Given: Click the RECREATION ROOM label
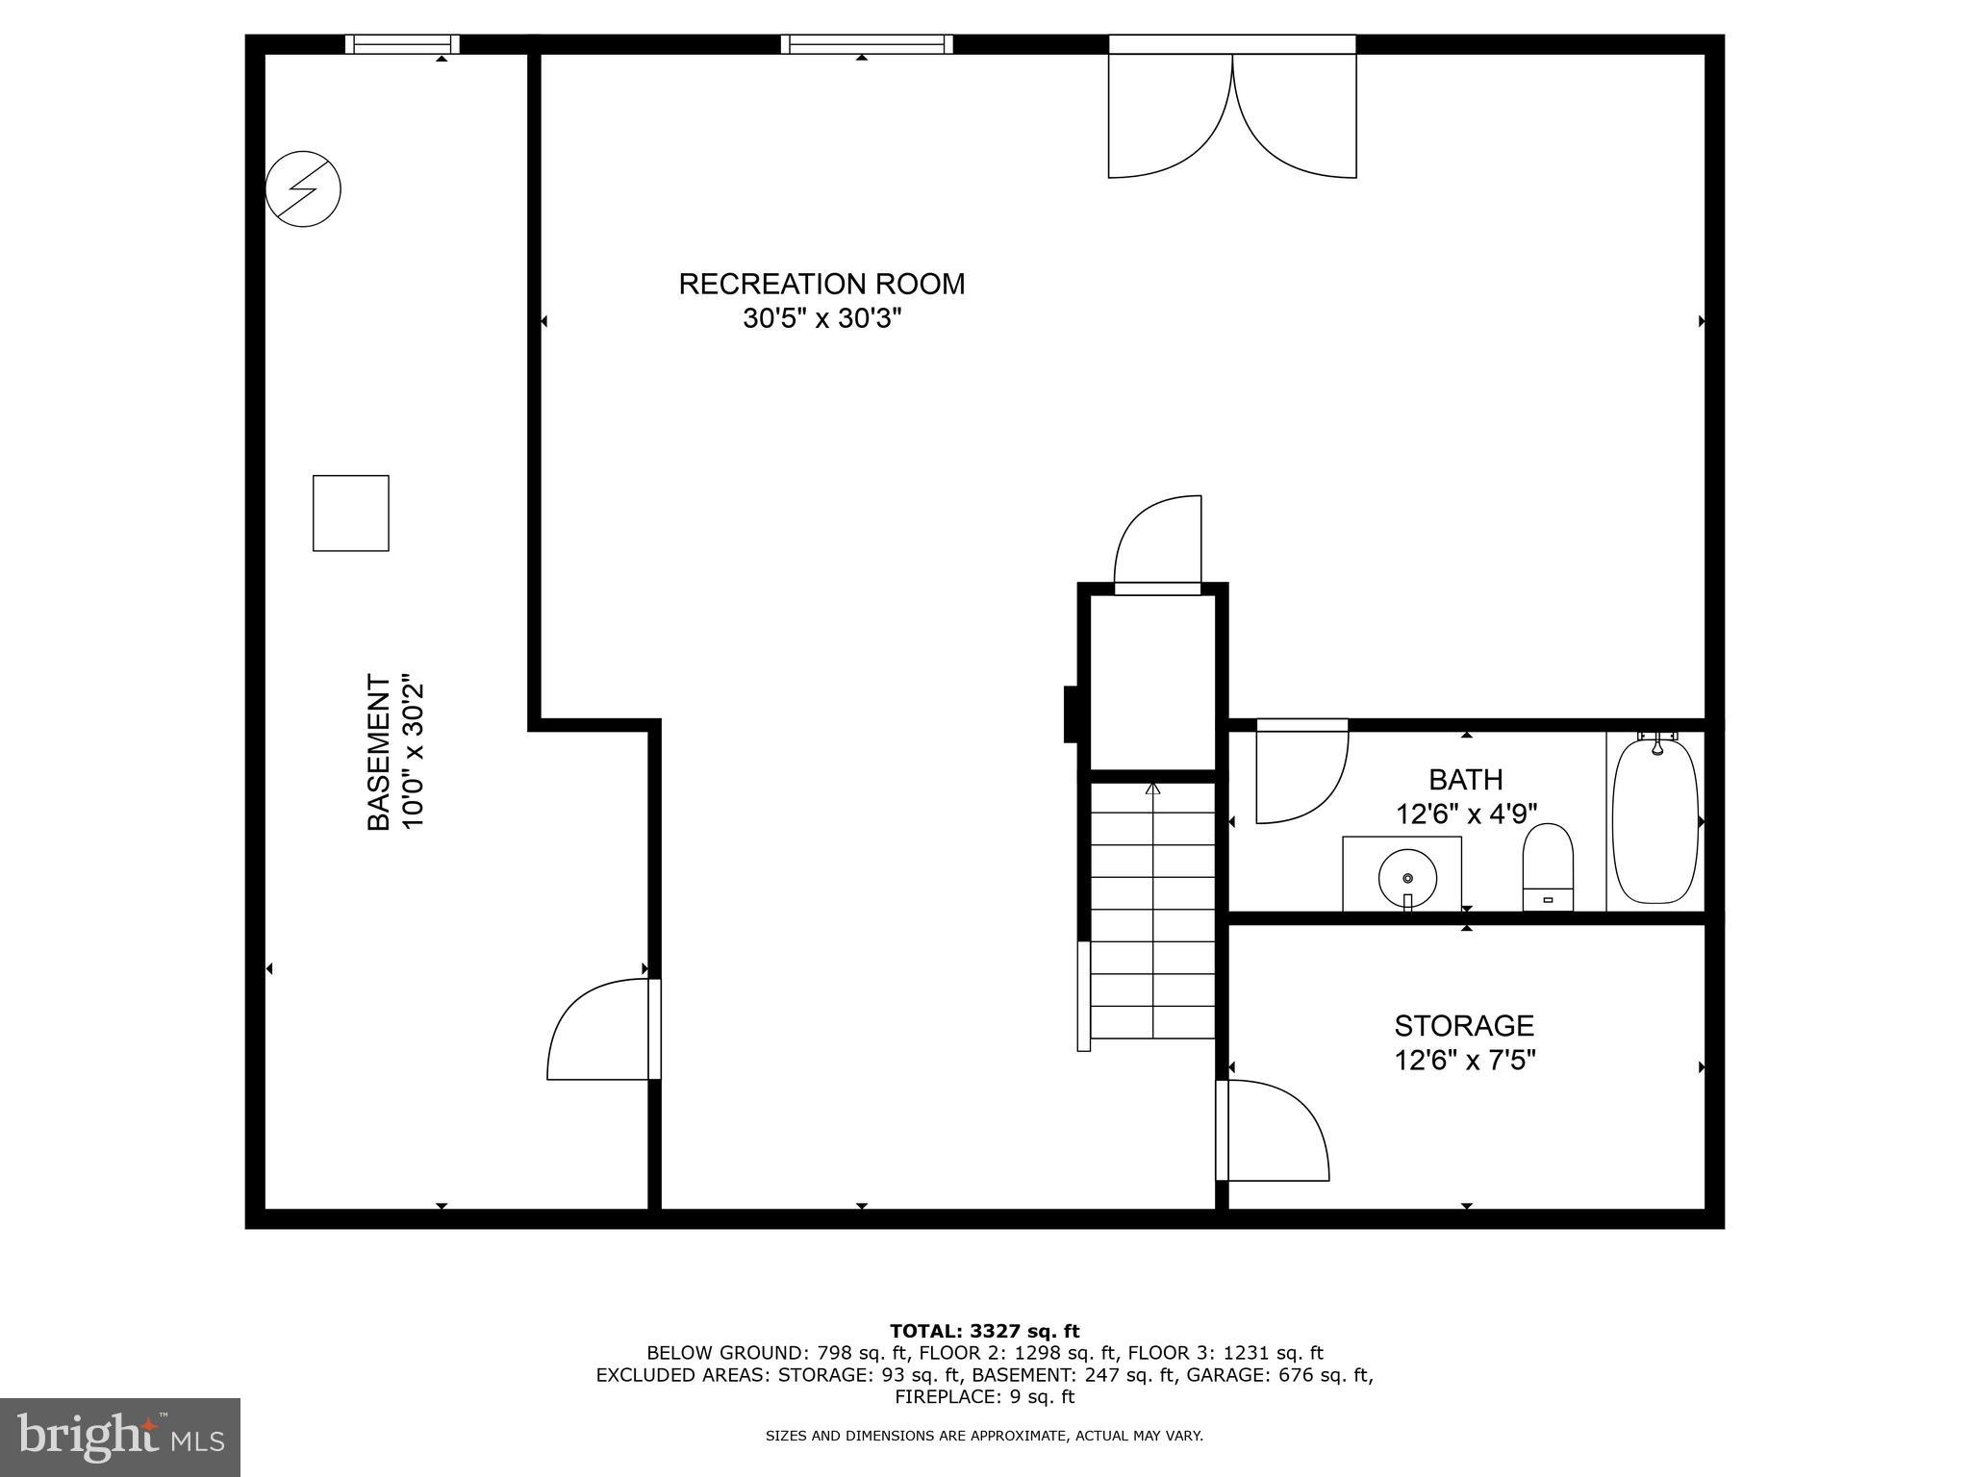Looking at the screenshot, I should [x=821, y=284].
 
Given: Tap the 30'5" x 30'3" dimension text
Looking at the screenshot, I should [x=821, y=318].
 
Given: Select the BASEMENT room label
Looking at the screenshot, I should [x=379, y=752].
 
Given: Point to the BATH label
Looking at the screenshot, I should [x=1465, y=779].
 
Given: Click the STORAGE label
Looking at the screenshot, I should [x=1464, y=1025].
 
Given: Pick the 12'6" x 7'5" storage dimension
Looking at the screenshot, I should [x=1464, y=1061].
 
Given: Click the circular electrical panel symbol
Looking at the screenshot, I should [x=303, y=188].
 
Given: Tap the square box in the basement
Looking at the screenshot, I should [x=351, y=513].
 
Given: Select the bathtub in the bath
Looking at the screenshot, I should [x=1655, y=820].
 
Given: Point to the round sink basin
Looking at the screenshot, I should [x=1407, y=877].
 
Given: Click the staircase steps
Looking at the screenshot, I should [x=1152, y=910].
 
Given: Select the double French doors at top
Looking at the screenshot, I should [x=1232, y=115].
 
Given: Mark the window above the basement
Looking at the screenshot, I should [x=402, y=44].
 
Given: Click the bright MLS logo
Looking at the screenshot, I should [x=120, y=1438].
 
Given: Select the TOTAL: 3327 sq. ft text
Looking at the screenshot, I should [x=984, y=1331].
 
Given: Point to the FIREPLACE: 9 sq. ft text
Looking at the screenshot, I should [x=984, y=1397].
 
